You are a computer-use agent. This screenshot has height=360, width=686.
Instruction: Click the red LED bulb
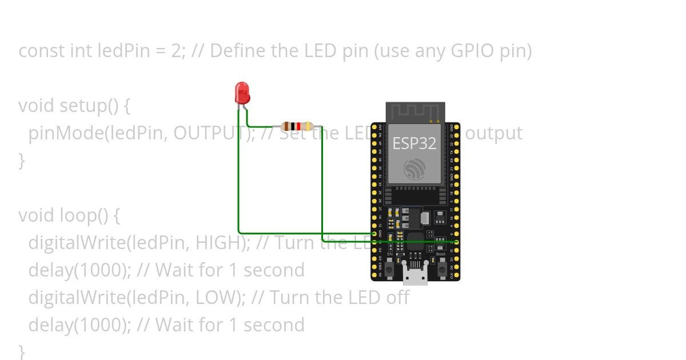[x=242, y=92]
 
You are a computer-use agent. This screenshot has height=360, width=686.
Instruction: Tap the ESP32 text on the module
[x=414, y=143]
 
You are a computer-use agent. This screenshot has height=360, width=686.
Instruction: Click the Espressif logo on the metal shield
[x=414, y=169]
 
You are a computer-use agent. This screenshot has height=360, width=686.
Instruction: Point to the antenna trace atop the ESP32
[x=415, y=111]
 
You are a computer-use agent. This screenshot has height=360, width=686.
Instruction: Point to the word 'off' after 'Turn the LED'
[x=398, y=298]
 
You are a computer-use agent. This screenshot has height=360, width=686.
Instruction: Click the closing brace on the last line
[x=22, y=350]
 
